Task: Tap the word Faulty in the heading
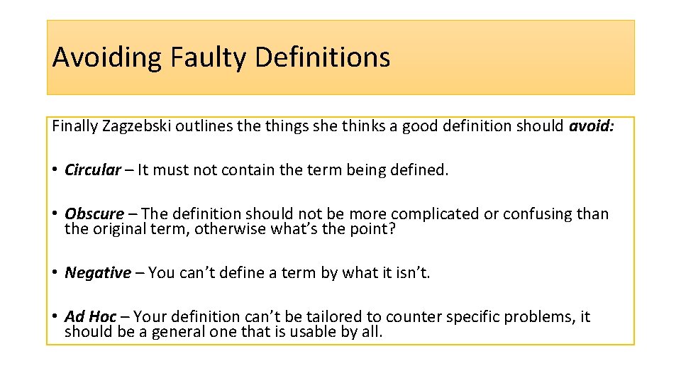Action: click(x=209, y=57)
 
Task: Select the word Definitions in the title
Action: click(x=322, y=57)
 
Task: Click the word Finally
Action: click(x=75, y=127)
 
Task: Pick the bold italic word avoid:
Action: click(x=592, y=127)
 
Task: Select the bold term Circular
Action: click(x=93, y=170)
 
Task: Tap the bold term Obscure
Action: click(x=94, y=214)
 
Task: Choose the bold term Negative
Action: click(x=98, y=273)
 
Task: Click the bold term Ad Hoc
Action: click(x=91, y=316)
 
